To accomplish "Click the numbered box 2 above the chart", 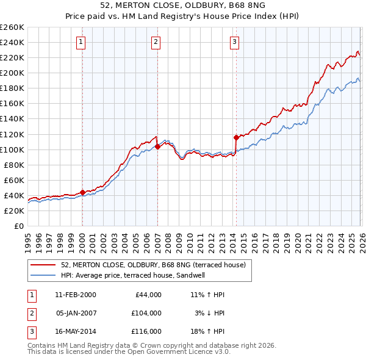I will coord(156,42).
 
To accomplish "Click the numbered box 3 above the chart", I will coord(235,42).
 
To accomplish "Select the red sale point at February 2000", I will coord(82,192).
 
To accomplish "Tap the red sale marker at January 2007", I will coord(157,146).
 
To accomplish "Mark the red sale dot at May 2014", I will coord(236,137).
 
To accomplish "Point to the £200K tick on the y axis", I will coord(12,73).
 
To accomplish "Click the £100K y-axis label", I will coord(12,149).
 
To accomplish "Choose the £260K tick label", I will coord(12,27).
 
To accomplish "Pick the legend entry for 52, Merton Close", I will coord(152,265).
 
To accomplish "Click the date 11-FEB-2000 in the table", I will coord(75,294).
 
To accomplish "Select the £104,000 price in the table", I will coord(146,313).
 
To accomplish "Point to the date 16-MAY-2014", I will coord(75,332).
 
